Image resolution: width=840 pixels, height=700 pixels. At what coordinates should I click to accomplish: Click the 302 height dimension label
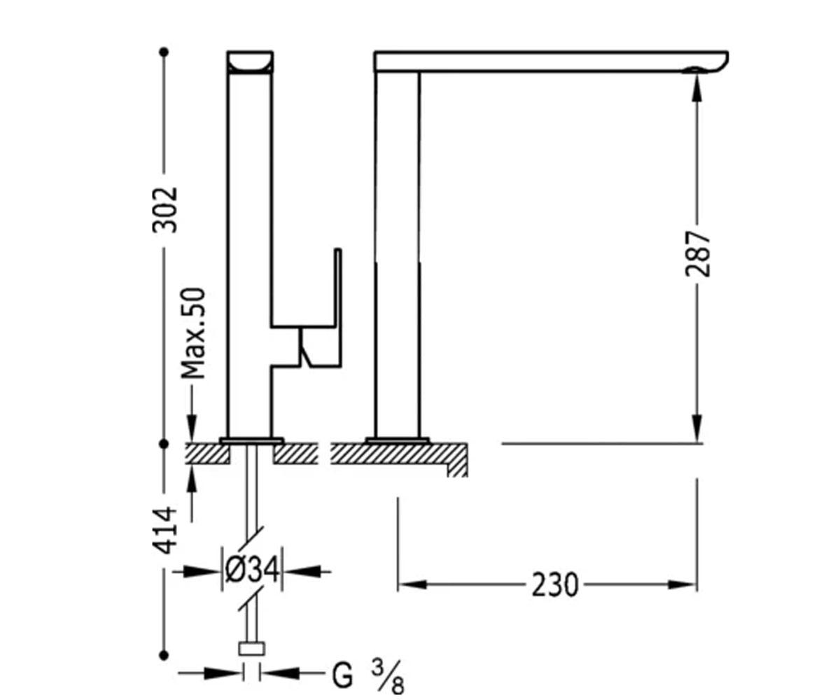tap(164, 210)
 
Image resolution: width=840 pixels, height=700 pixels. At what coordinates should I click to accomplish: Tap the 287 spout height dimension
tap(698, 253)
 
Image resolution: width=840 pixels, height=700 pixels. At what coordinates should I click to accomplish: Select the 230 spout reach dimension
tap(555, 584)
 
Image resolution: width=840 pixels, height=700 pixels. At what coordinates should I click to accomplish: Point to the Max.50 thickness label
tap(193, 333)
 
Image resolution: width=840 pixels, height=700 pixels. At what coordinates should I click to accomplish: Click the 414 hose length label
tap(164, 530)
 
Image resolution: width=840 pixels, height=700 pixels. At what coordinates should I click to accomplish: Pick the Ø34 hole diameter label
tap(252, 570)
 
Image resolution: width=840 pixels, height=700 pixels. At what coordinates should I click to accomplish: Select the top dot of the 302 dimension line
tap(164, 52)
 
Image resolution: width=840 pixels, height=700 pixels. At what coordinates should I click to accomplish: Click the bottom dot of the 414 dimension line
tap(164, 655)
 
